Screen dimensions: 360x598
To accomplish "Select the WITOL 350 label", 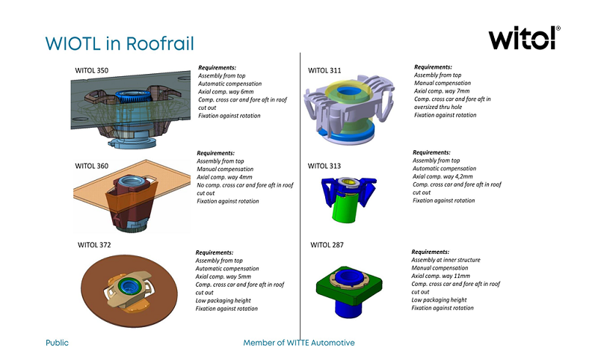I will (x=92, y=71).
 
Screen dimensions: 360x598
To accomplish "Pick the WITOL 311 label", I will (x=324, y=71).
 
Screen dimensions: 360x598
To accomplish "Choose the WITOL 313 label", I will (x=324, y=165).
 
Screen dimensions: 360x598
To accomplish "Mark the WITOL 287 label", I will (x=327, y=244).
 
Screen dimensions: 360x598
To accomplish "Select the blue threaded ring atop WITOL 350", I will (x=136, y=98).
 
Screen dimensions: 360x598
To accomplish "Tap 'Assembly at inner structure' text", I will (x=446, y=260).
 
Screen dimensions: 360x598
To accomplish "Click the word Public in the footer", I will (x=57, y=343).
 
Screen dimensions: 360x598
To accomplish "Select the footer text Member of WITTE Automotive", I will (x=299, y=343).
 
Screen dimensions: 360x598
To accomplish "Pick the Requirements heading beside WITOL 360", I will (x=215, y=153).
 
